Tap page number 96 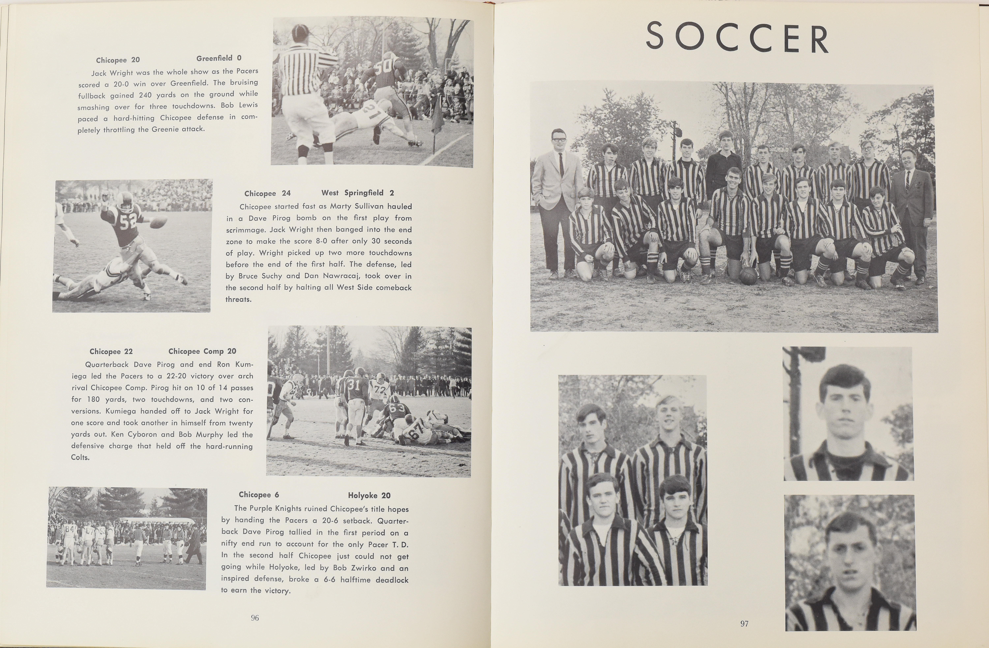coord(255,618)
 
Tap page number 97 coord(744,623)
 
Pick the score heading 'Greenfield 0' coord(219,58)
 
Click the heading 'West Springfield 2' coord(357,193)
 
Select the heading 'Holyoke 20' coord(369,495)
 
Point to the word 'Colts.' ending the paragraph coord(80,458)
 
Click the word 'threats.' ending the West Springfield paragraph coord(239,299)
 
